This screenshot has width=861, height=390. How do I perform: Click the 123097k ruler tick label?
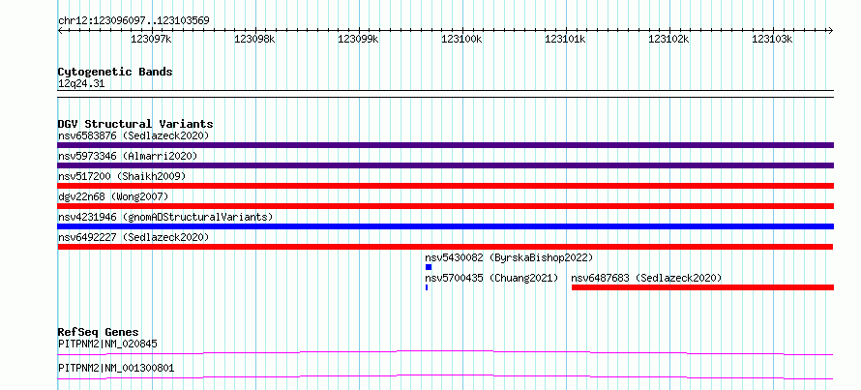(x=151, y=39)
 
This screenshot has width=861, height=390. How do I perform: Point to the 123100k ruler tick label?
(x=461, y=39)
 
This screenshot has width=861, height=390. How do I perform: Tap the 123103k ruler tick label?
(x=772, y=39)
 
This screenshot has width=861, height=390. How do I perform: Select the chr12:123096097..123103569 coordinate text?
(x=134, y=21)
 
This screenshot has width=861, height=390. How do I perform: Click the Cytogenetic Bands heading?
(x=115, y=72)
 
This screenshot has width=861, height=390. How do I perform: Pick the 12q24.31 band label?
(x=81, y=84)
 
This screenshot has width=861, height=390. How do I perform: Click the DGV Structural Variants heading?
(x=135, y=124)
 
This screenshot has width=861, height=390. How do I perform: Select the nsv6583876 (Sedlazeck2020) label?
(x=134, y=135)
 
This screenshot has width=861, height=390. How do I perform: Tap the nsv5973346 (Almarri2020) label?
(x=128, y=156)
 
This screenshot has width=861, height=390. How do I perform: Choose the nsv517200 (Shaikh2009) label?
(x=122, y=176)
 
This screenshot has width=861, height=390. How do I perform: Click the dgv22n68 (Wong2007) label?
(x=113, y=196)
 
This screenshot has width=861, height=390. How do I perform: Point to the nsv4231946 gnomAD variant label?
(x=165, y=217)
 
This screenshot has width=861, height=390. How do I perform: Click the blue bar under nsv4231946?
(x=445, y=226)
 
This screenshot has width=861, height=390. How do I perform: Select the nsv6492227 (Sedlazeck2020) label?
(x=134, y=237)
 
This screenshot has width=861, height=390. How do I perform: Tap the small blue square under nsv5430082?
(x=429, y=267)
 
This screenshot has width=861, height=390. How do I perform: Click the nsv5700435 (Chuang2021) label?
(x=491, y=278)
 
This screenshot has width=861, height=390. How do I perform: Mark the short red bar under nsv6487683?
(x=703, y=287)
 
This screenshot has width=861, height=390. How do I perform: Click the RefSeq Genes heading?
(x=99, y=332)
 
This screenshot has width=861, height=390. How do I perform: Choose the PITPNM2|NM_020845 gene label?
(x=107, y=345)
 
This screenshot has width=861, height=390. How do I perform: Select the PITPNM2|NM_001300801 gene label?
(x=116, y=368)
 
